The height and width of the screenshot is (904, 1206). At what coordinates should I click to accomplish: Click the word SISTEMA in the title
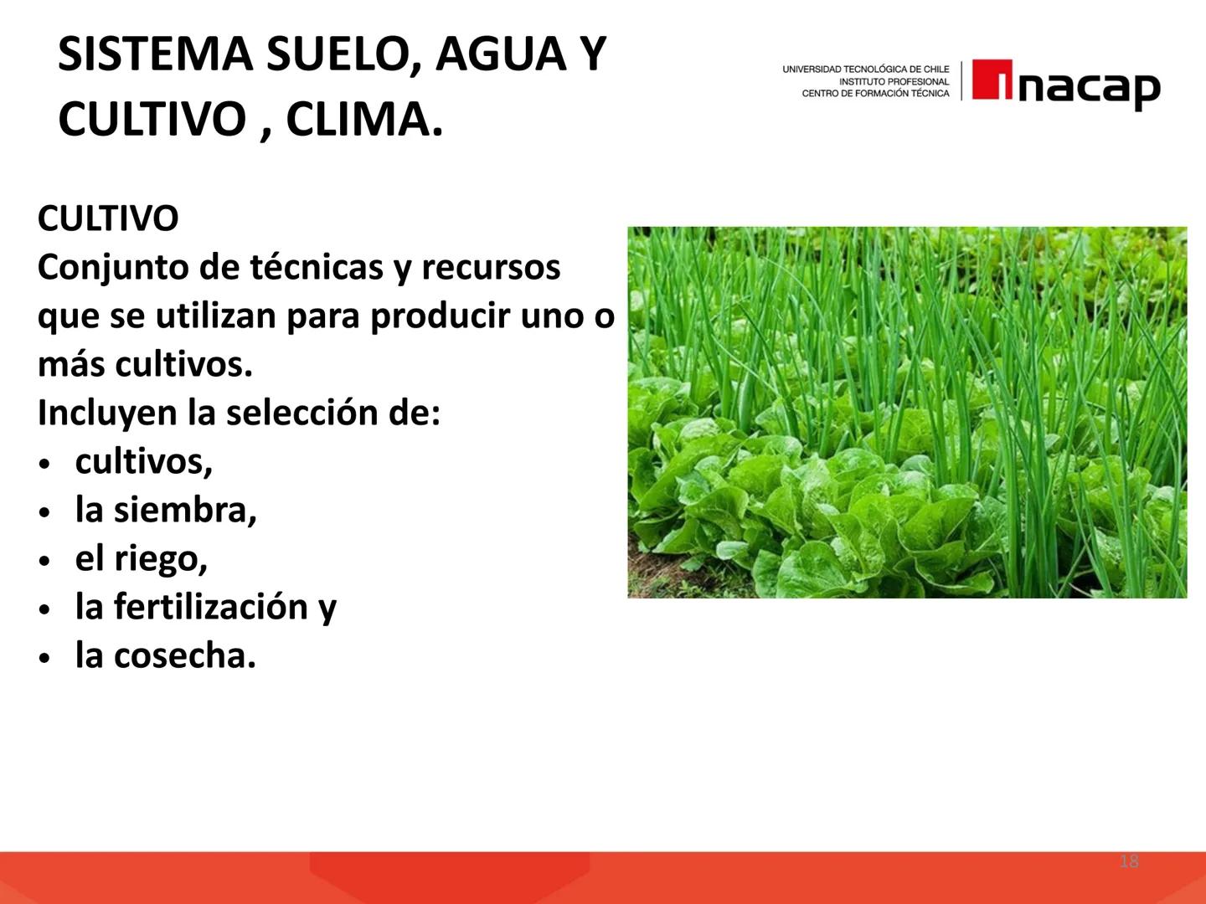click(x=156, y=54)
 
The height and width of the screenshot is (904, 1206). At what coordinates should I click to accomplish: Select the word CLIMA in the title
click(x=364, y=120)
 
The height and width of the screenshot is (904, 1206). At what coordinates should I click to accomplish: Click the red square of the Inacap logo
click(x=992, y=80)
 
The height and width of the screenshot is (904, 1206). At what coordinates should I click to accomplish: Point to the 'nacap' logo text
click(x=1089, y=86)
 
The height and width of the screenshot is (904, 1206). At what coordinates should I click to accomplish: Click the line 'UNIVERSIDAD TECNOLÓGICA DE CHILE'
click(x=866, y=69)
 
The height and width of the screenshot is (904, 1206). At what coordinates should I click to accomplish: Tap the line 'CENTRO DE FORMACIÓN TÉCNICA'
click(x=875, y=94)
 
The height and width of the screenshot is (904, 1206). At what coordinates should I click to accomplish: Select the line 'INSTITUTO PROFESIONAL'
click(x=894, y=82)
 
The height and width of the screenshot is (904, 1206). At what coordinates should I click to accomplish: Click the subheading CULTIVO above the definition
click(x=108, y=219)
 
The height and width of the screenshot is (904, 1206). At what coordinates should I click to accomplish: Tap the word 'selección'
click(x=294, y=413)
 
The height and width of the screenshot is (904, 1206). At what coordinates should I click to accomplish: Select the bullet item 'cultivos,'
click(x=144, y=461)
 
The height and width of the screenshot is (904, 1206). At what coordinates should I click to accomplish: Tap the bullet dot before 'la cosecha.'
click(x=45, y=658)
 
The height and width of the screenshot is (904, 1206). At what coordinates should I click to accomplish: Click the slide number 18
click(x=1129, y=861)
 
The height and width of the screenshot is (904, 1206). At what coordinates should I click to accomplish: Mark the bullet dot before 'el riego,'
click(x=45, y=561)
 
